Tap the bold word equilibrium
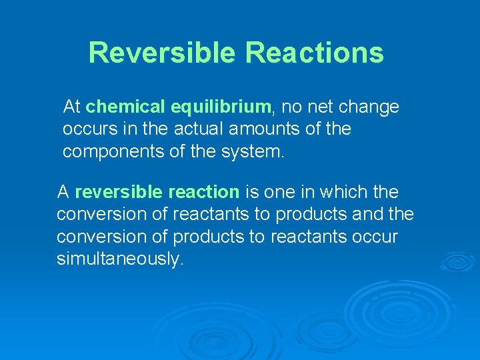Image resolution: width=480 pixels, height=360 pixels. tap(221, 107)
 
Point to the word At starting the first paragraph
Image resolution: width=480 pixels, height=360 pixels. tap(72, 107)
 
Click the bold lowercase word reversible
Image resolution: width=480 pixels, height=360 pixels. tap(119, 193)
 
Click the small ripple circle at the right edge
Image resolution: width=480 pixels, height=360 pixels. tap(458, 262)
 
